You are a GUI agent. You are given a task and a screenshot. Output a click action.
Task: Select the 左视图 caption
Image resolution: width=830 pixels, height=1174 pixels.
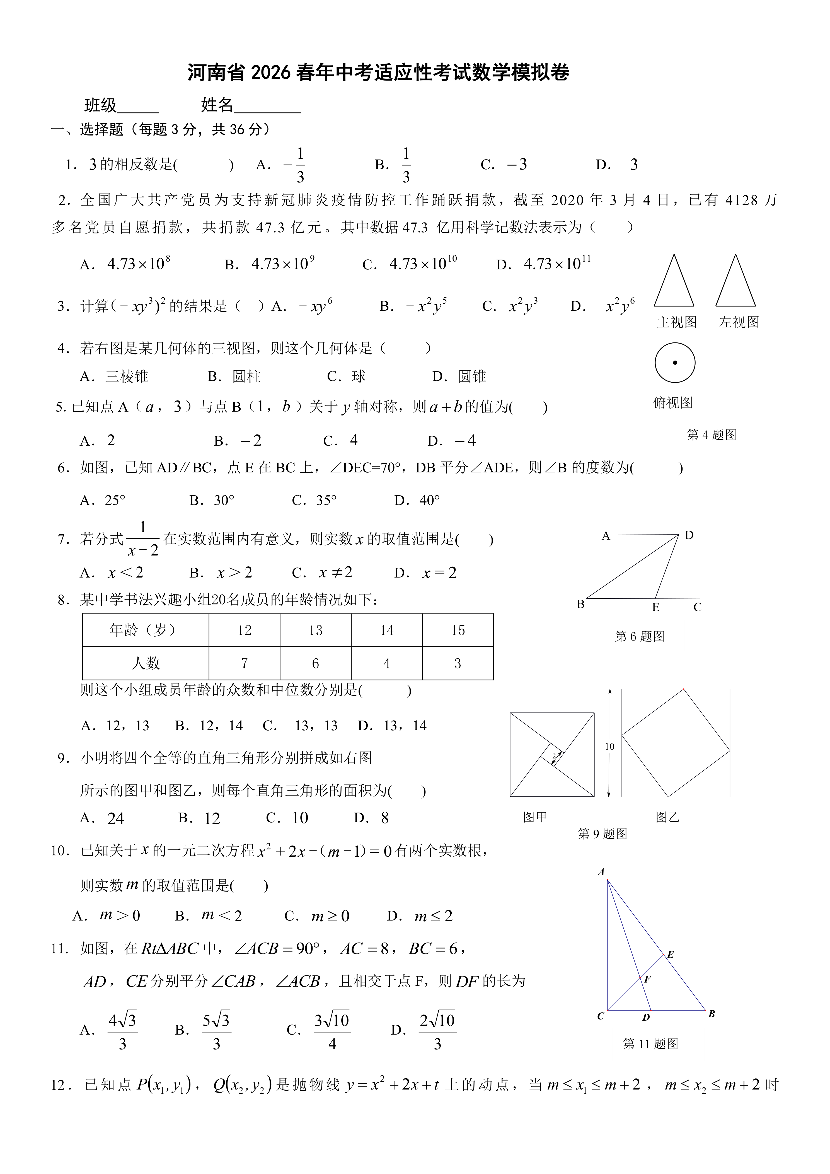pyautogui.click(x=739, y=322)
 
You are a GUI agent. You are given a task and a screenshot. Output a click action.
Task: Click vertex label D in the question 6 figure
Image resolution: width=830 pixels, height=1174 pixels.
pyautogui.click(x=689, y=535)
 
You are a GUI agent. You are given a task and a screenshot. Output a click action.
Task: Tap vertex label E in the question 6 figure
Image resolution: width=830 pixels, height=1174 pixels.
pyautogui.click(x=656, y=607)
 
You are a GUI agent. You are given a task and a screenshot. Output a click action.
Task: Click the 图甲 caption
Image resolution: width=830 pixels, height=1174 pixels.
pyautogui.click(x=534, y=817)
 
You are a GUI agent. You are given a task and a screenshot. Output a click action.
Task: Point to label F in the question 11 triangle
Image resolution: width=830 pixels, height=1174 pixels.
pyautogui.click(x=648, y=979)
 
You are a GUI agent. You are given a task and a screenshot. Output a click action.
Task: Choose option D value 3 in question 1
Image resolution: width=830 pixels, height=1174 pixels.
pyautogui.click(x=634, y=165)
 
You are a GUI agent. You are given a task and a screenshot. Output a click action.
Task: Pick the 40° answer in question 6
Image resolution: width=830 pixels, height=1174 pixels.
pyautogui.click(x=429, y=500)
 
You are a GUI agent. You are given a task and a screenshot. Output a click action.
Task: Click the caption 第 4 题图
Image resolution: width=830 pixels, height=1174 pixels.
pyautogui.click(x=712, y=435)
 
